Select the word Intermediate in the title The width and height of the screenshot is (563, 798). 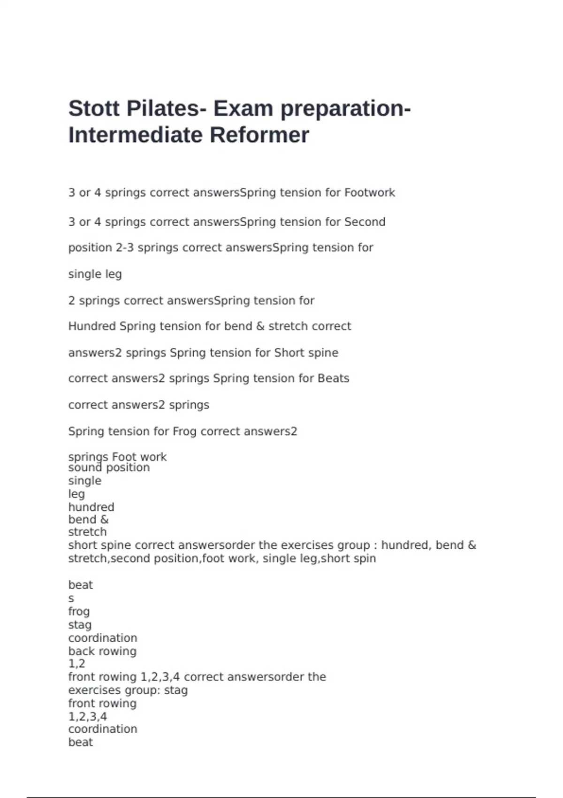pos(136,135)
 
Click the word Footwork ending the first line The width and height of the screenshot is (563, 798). pos(370,192)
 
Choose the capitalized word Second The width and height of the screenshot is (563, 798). pos(365,222)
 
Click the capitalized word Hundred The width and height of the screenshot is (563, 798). pos(92,326)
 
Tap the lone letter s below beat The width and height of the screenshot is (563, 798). pos(71,599)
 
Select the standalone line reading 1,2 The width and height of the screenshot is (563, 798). pos(77,664)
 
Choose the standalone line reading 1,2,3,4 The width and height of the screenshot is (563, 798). pos(88,717)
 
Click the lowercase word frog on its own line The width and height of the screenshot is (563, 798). pos(79,612)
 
